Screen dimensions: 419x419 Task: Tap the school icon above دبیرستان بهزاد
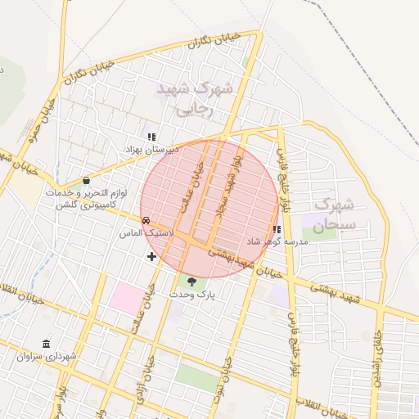click(151, 136)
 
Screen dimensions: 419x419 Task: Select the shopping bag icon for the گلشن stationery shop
click(86, 181)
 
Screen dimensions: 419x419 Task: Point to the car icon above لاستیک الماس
click(146, 220)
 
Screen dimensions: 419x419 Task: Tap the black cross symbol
click(152, 256)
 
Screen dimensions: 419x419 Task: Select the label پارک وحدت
click(191, 293)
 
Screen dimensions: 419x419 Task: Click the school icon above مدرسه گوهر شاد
click(276, 229)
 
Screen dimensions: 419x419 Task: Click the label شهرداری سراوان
click(45, 357)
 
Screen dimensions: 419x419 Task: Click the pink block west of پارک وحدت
click(126, 297)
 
